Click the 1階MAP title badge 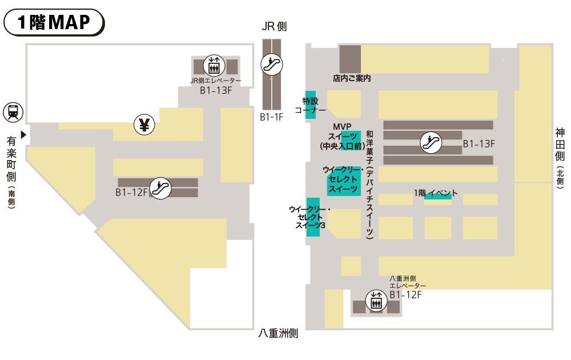pos(54,22)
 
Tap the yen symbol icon pos(144,124)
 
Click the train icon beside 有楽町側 pos(13,111)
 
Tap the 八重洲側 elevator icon pos(376,301)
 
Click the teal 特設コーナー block pos(311,105)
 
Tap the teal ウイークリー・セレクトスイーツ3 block pos(313,217)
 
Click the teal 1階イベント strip pos(438,195)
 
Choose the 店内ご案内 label pos(352,78)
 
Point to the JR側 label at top pos(274,26)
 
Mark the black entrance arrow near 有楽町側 pos(23,135)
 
